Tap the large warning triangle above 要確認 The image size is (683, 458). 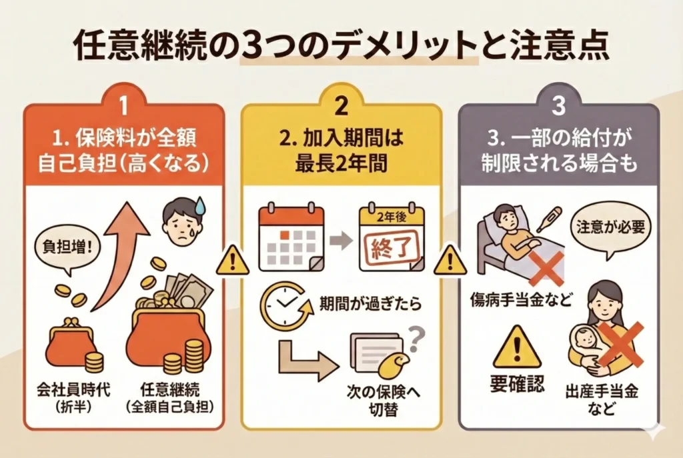point(517,348)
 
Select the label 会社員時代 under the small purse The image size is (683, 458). point(73,389)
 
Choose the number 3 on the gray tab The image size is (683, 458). point(558,106)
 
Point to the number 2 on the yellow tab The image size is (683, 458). point(341,106)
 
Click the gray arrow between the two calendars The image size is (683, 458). point(341,241)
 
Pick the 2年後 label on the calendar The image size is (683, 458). point(391,218)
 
